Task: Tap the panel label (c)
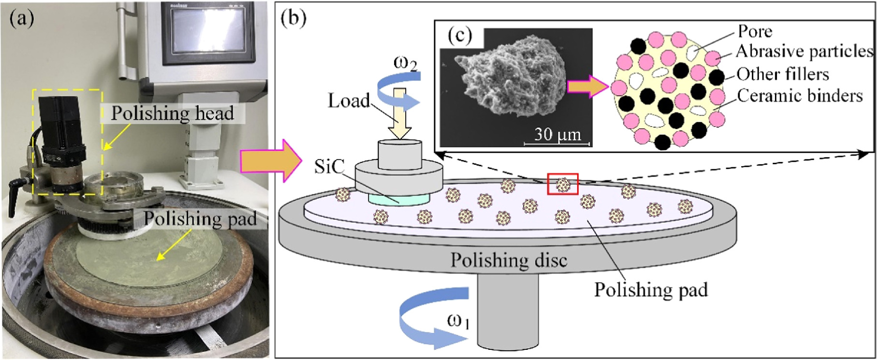pos(459,35)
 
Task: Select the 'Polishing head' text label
pos(173,113)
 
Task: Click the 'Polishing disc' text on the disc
pos(509,260)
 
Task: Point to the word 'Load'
pos(349,101)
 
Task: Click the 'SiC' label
pos(329,167)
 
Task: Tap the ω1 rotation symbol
pos(459,321)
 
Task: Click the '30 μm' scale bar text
pos(557,134)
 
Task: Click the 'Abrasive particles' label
pos(804,51)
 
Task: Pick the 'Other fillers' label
pos(783,74)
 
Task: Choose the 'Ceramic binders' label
pos(800,96)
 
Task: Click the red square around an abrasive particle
pos(562,184)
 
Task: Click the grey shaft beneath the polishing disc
pos(508,309)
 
